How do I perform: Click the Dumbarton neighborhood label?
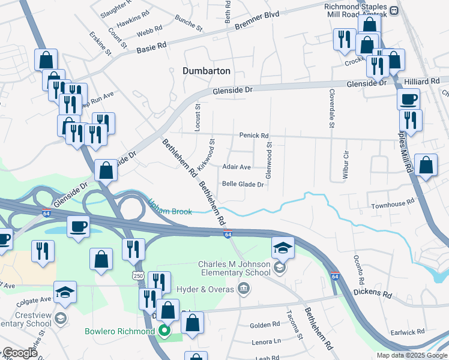(206, 71)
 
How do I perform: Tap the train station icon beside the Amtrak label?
(394, 10)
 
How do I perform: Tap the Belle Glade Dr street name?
(243, 185)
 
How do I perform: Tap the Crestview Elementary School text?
(26, 319)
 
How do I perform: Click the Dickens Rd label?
(372, 295)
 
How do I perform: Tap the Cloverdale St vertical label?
(331, 109)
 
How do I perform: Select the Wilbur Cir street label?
(346, 162)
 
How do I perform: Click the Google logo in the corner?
(20, 353)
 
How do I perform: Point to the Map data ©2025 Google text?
(411, 355)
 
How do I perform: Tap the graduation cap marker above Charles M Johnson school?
(283, 246)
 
